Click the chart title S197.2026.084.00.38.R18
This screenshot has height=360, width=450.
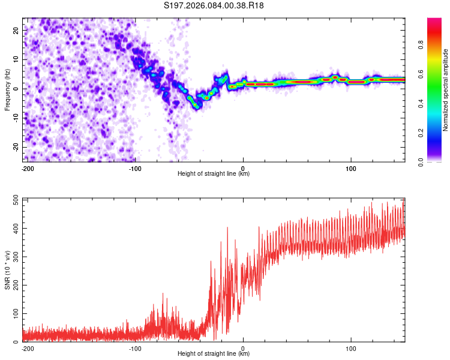pyautogui.click(x=214, y=6)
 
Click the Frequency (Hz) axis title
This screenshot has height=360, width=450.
pyautogui.click(x=7, y=89)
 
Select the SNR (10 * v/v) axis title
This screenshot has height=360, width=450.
pyautogui.click(x=7, y=269)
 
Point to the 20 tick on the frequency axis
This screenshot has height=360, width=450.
pyautogui.click(x=17, y=29)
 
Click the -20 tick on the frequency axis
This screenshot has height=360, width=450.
pyautogui.click(x=16, y=147)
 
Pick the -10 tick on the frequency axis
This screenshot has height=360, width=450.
pyautogui.click(x=16, y=118)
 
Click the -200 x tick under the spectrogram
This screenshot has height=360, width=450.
pyautogui.click(x=27, y=167)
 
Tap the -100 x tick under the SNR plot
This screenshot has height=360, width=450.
pyautogui.click(x=135, y=348)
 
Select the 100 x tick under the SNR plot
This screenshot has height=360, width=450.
pyautogui.click(x=350, y=348)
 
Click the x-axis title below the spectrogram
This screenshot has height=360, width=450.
pyautogui.click(x=214, y=174)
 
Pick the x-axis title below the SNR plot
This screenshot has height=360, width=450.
pyautogui.click(x=214, y=354)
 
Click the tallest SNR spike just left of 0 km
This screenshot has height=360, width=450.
pyautogui.click(x=227, y=227)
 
